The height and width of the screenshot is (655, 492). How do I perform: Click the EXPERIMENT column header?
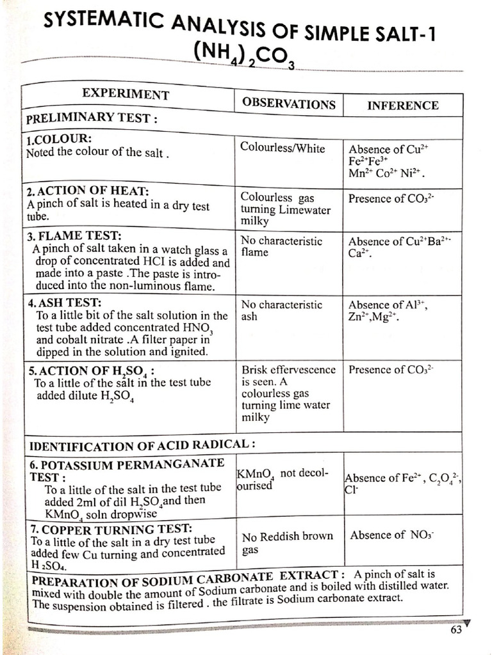(126, 95)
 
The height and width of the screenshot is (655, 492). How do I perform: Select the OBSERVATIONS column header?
(288, 104)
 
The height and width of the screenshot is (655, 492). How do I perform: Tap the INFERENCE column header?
(402, 106)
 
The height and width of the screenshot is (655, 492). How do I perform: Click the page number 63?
(455, 629)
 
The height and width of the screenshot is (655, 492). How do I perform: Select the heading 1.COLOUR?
(59, 140)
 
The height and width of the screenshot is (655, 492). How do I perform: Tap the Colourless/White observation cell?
(283, 148)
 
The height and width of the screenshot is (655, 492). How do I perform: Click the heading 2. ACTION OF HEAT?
(87, 192)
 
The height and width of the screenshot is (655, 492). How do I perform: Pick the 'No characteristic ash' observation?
(281, 310)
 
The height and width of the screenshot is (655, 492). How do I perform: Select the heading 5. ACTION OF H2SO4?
(90, 370)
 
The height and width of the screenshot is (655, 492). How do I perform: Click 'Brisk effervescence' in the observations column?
(288, 370)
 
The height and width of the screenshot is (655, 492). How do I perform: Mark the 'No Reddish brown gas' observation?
(287, 542)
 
